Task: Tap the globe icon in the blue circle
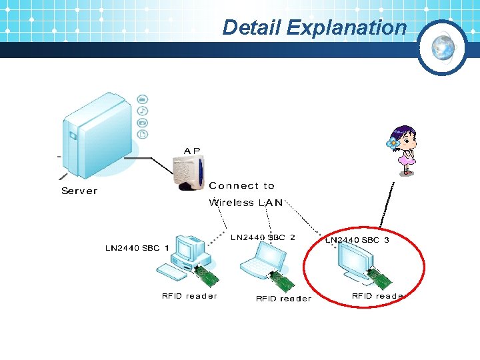[x=442, y=48]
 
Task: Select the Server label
[x=79, y=191]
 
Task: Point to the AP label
[x=192, y=151]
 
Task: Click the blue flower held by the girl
[x=393, y=143]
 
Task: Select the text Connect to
[x=241, y=186]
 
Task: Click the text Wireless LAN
[x=245, y=203]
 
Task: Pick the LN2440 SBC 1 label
[x=137, y=248]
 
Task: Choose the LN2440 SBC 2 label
[x=263, y=237]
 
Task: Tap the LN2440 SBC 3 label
[x=357, y=240]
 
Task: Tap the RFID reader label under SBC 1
[x=189, y=296]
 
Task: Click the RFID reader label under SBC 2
[x=283, y=299]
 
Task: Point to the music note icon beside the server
[x=142, y=111]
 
